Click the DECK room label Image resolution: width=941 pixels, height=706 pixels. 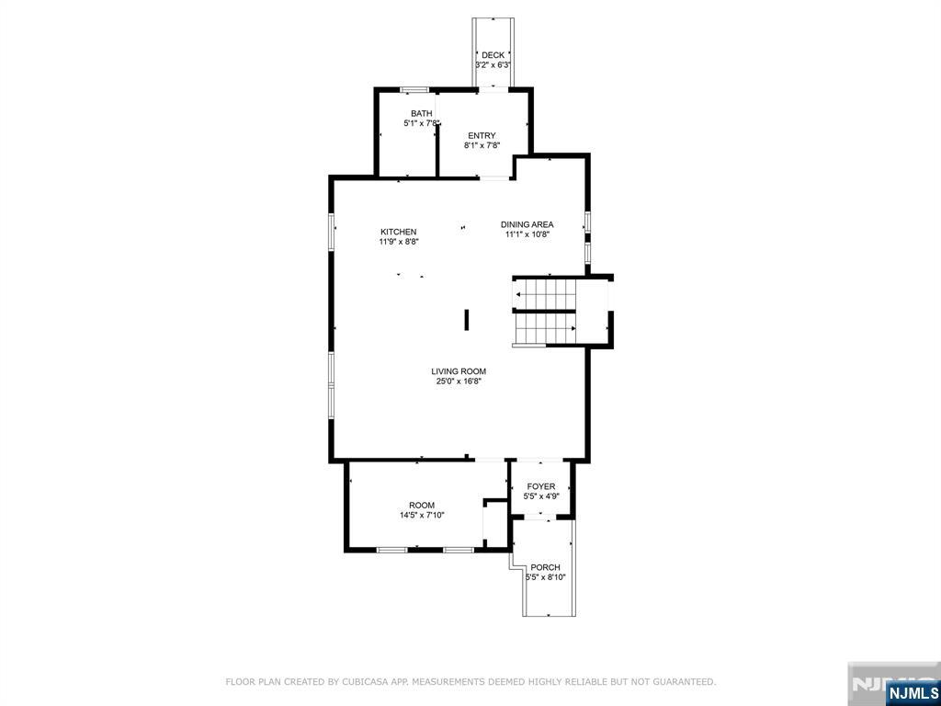[x=493, y=55]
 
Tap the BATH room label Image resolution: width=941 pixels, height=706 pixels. [x=421, y=114]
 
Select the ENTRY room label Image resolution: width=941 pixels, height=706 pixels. [x=482, y=136]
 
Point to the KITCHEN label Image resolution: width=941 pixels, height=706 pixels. [x=399, y=232]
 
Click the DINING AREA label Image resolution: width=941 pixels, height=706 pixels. [x=527, y=224]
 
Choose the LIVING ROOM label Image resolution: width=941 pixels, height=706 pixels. [x=459, y=371]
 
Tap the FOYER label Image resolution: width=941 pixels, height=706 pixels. [x=541, y=486]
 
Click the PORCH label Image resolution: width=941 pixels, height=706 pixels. [x=545, y=567]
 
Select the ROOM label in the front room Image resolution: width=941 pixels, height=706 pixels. [x=422, y=505]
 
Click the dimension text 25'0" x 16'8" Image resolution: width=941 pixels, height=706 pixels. [x=459, y=381]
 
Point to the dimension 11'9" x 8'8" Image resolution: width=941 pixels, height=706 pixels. [x=399, y=242]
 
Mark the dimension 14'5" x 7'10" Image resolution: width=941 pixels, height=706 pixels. [x=422, y=516]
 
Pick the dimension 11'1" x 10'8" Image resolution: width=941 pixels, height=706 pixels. [x=527, y=234]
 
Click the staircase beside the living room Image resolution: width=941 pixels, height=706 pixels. [x=544, y=311]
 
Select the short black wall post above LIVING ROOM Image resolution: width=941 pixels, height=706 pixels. [x=467, y=319]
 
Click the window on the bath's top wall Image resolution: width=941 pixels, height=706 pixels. [x=414, y=89]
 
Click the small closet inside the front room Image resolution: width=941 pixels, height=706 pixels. [x=495, y=524]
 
